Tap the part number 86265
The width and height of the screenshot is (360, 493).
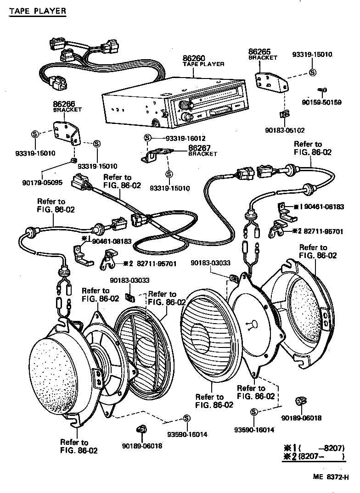click(x=259, y=52)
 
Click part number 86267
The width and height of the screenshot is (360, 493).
click(x=199, y=148)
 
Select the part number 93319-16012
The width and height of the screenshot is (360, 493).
click(x=179, y=138)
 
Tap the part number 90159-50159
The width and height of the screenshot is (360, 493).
click(x=322, y=102)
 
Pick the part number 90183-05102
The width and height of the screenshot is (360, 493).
click(x=285, y=130)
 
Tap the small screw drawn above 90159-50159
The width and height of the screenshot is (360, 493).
click(x=322, y=90)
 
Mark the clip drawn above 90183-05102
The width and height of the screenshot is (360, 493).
click(x=284, y=114)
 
